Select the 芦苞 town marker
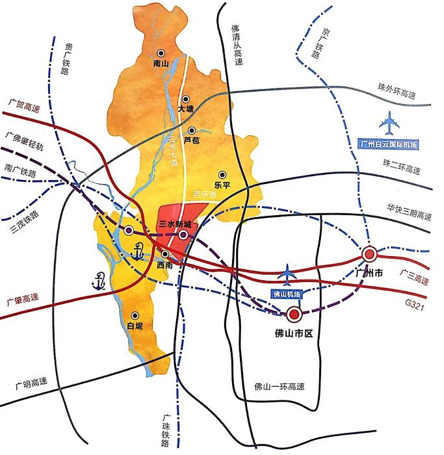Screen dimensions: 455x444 tap(192, 130)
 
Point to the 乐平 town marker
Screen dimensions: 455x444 tap(222, 174)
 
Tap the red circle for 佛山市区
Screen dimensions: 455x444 tap(294, 315)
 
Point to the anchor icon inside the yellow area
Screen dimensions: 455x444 tap(137, 250)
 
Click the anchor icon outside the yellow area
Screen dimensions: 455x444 tap(98, 281)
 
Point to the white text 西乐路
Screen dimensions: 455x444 tap(205, 194)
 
